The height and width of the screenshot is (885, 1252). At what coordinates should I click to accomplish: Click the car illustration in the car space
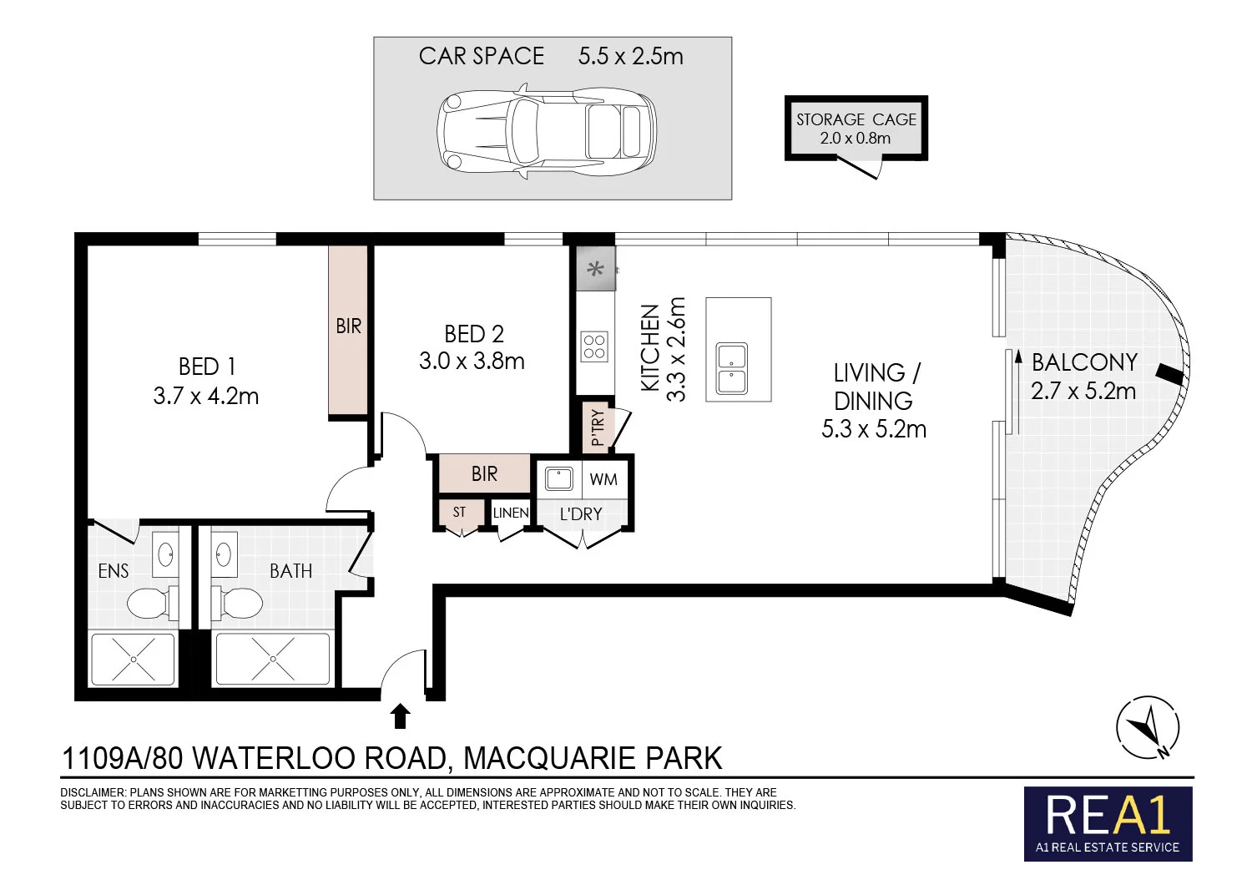(x=547, y=130)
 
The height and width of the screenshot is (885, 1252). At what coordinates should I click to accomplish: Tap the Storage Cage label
(x=856, y=119)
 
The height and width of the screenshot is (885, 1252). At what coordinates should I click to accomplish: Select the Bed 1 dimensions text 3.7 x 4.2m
(x=206, y=396)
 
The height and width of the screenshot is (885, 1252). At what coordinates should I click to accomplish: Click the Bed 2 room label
(x=474, y=334)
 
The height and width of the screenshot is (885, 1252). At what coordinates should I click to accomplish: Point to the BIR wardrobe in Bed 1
(x=348, y=329)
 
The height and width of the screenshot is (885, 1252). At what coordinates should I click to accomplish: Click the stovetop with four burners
(x=594, y=346)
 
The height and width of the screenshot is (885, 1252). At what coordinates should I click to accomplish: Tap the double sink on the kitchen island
(x=732, y=368)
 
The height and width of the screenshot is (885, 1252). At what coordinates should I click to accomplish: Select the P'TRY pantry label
(x=598, y=427)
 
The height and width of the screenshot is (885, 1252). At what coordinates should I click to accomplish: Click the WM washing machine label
(x=603, y=479)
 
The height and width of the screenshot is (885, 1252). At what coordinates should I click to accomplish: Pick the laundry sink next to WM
(x=558, y=478)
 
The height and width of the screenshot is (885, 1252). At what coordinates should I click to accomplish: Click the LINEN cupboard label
(x=510, y=513)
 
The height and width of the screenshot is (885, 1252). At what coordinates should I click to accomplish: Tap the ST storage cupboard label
(x=459, y=512)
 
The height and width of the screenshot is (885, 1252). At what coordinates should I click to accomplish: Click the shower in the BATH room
(x=273, y=659)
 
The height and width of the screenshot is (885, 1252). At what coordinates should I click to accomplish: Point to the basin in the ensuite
(x=165, y=553)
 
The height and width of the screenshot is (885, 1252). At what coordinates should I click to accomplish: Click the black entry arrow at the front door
(x=401, y=716)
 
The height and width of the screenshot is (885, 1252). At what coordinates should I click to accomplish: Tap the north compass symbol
(x=1149, y=728)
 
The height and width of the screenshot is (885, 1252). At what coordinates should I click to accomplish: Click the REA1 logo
(x=1108, y=822)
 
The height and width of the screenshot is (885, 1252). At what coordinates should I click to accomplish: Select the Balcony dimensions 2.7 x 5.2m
(x=1083, y=391)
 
